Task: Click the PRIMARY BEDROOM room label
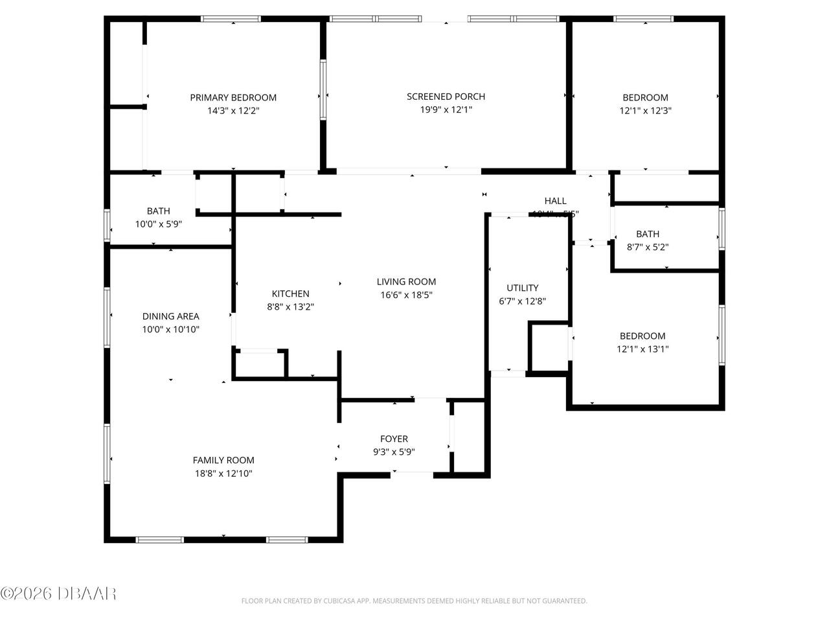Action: (233, 98)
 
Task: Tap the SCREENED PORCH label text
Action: (446, 97)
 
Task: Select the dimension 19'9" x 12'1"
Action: (446, 110)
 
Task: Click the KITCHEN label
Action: (290, 294)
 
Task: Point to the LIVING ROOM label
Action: (406, 282)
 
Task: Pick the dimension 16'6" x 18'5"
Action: (406, 295)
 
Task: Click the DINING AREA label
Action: (171, 316)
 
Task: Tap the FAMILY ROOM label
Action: (223, 461)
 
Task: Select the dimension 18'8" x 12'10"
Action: (223, 474)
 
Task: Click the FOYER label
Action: (394, 439)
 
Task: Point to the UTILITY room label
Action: (523, 288)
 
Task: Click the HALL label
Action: (555, 201)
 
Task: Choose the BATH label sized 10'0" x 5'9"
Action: (159, 211)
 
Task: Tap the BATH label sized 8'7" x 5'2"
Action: (648, 234)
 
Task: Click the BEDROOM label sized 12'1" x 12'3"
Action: (645, 98)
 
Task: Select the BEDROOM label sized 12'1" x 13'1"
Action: (642, 336)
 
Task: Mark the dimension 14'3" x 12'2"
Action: (233, 111)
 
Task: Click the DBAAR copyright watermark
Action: (58, 593)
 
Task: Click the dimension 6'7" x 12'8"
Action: (523, 301)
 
